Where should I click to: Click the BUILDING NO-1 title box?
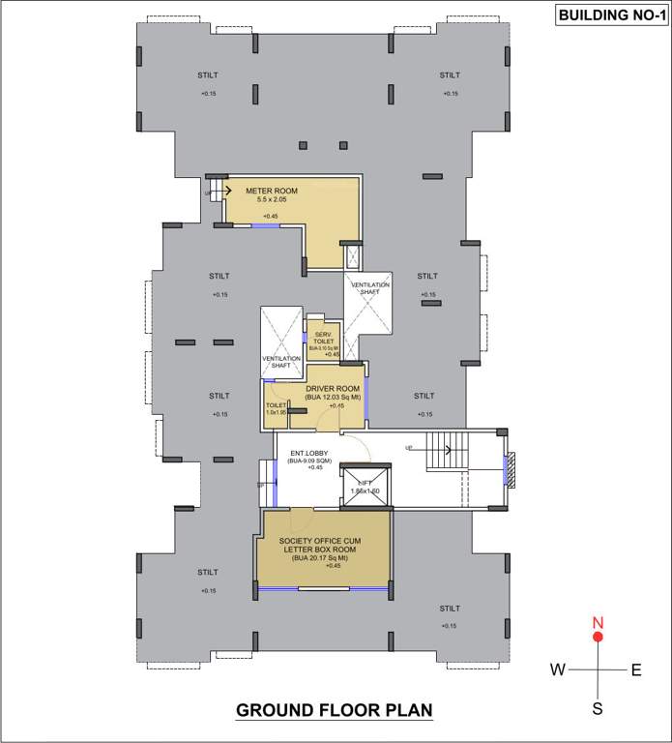pyautogui.click(x=608, y=15)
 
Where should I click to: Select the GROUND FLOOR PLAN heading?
pyautogui.click(x=335, y=711)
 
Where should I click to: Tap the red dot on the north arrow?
pyautogui.click(x=598, y=637)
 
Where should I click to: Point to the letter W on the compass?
pyautogui.click(x=558, y=669)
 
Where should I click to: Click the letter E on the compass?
pyautogui.click(x=636, y=669)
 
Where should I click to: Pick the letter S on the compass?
pyautogui.click(x=598, y=708)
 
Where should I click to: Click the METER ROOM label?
pyautogui.click(x=271, y=191)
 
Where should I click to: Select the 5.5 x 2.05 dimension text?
pyautogui.click(x=271, y=200)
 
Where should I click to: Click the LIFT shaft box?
pyautogui.click(x=365, y=485)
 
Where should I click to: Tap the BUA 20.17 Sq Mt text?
pyautogui.click(x=321, y=558)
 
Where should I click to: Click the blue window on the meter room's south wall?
pyautogui.click(x=266, y=226)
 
